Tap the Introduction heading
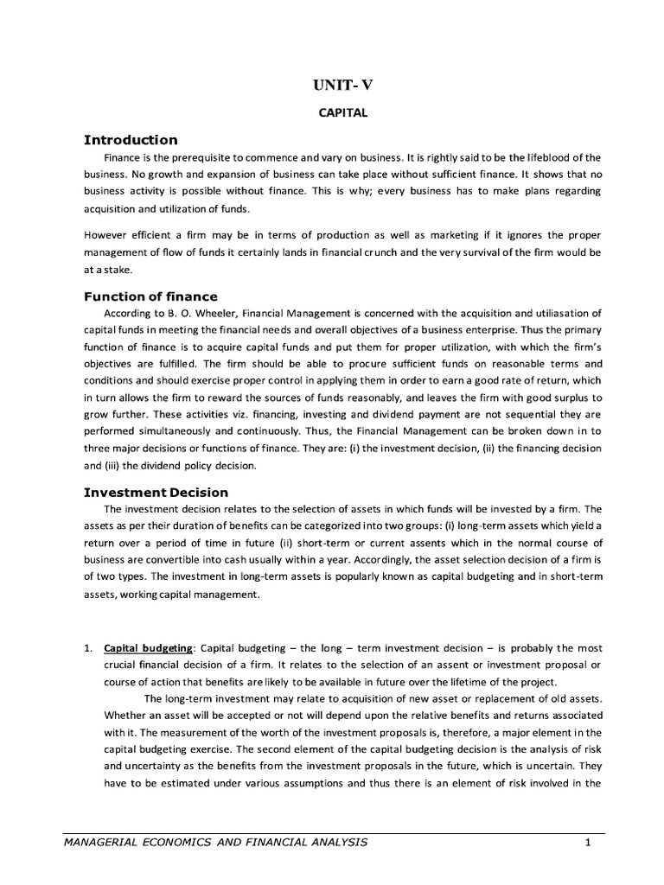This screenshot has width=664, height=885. [130, 140]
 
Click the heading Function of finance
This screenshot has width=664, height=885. [150, 296]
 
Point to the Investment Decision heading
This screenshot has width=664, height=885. [156, 492]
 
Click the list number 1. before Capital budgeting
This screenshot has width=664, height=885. [87, 648]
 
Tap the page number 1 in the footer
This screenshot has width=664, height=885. [587, 842]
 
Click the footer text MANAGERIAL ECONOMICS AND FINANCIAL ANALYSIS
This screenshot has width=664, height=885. [216, 842]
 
